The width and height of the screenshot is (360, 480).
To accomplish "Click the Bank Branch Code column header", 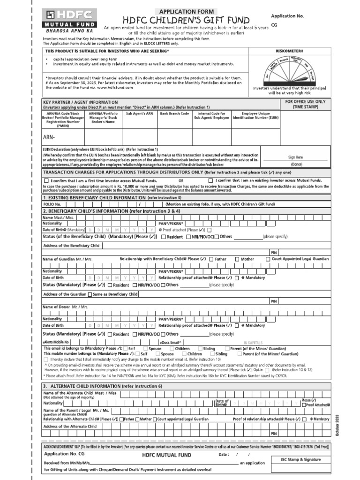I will pos(174,113).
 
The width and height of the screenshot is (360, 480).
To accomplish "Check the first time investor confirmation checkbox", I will pos(46,180).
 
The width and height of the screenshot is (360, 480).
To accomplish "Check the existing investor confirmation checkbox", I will pos(210,180).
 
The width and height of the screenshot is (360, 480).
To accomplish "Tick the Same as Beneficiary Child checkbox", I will pos(90,294).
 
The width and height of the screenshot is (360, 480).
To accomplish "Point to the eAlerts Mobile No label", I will pos(56,343).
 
